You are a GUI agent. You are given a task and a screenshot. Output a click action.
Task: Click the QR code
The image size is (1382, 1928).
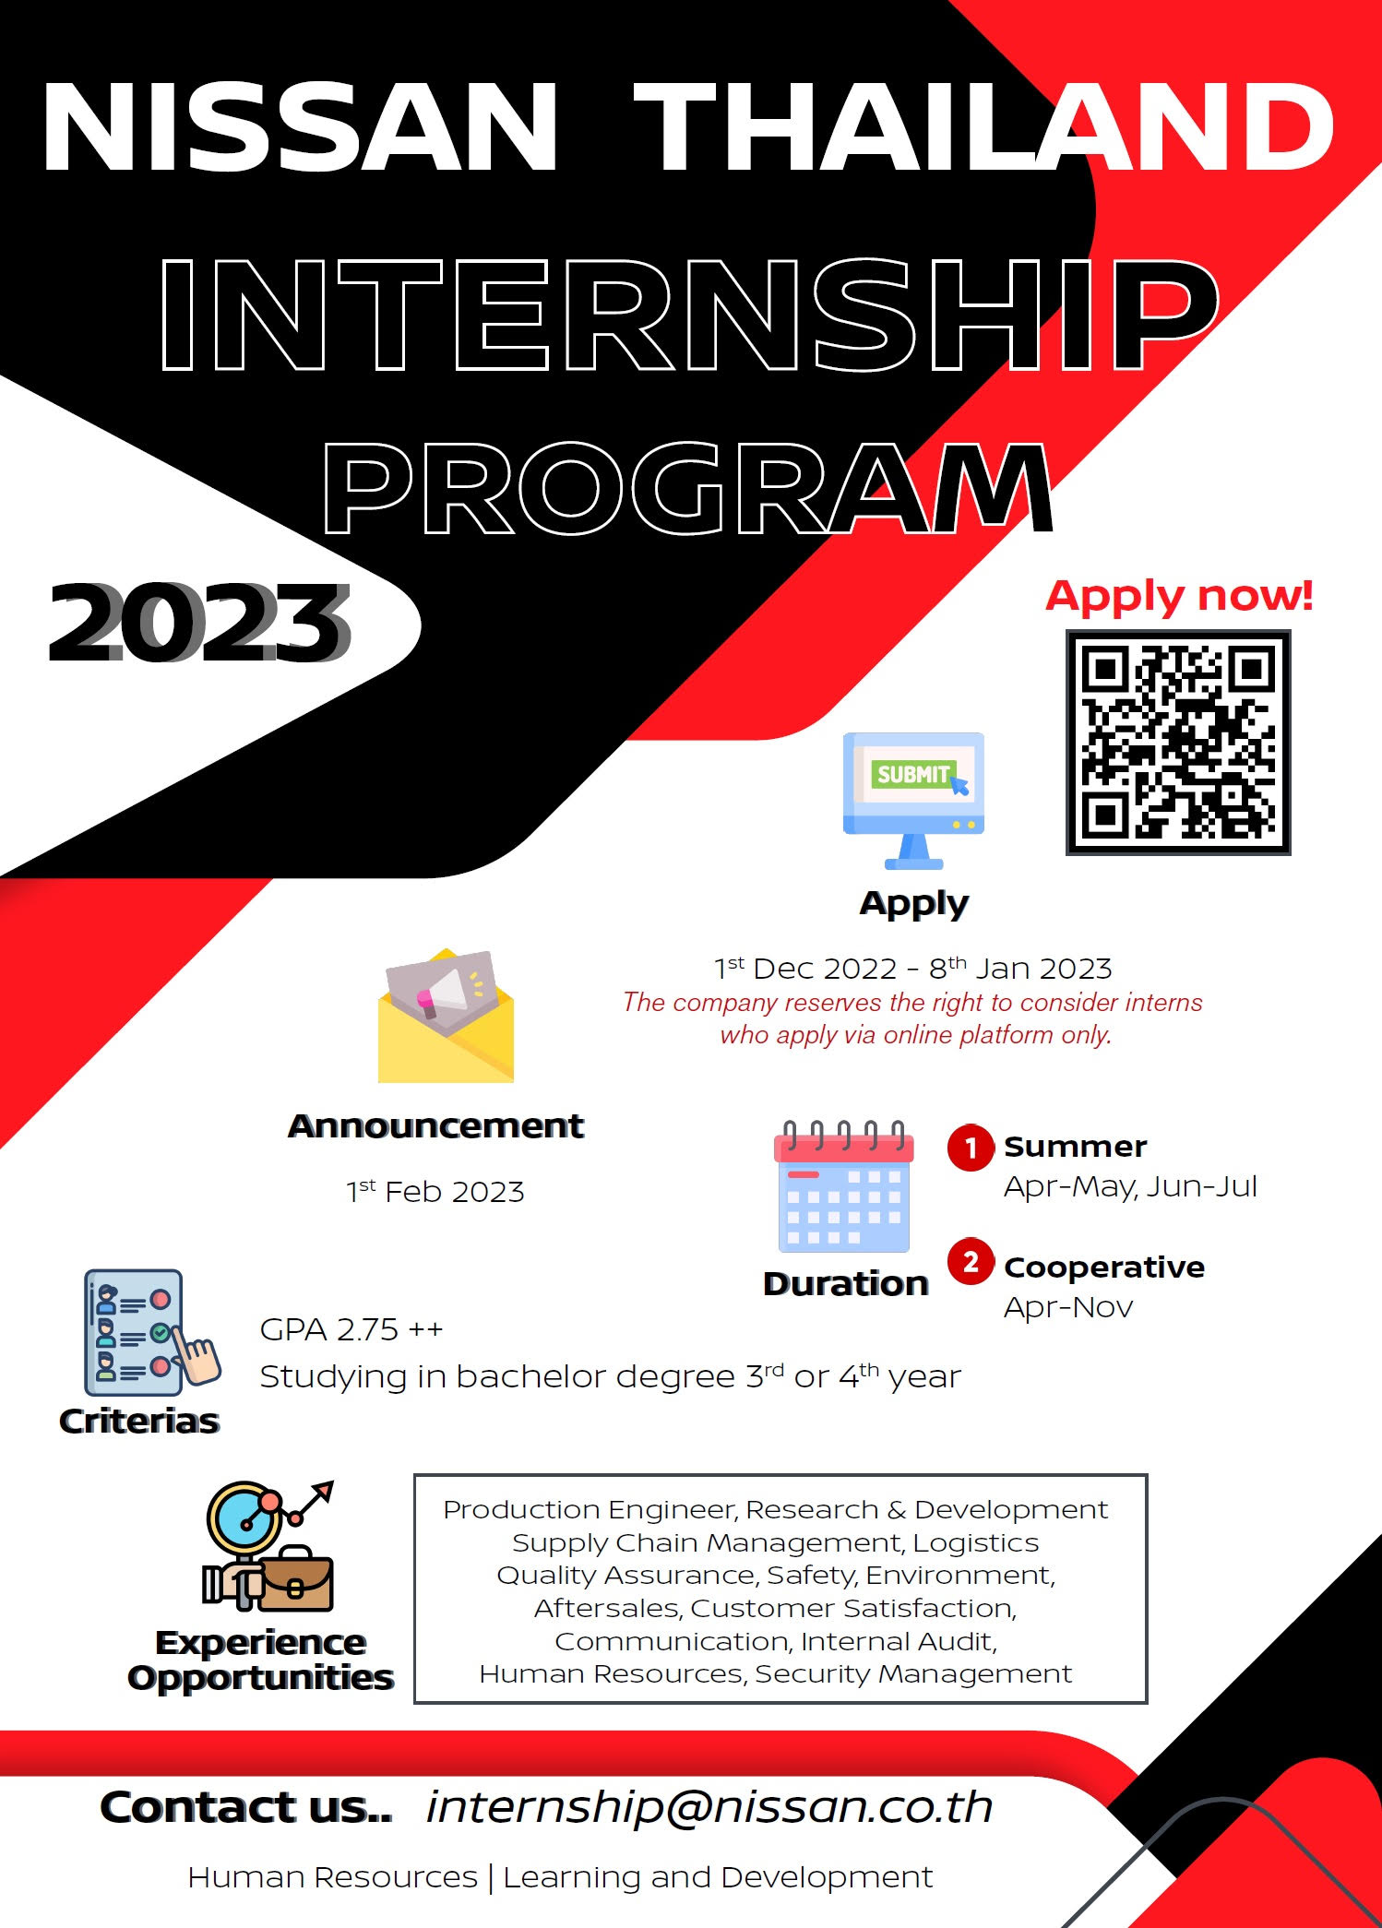pyautogui.click(x=1178, y=743)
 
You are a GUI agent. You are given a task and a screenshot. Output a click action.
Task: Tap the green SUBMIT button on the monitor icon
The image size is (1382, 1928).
pyautogui.click(x=911, y=773)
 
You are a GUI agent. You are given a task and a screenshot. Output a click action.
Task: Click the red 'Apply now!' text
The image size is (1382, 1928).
pyautogui.click(x=1179, y=596)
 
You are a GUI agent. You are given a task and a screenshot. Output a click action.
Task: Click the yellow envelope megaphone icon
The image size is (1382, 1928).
pyautogui.click(x=446, y=1016)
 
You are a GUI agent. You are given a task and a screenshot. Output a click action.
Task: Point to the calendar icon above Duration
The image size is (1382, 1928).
pyautogui.click(x=844, y=1186)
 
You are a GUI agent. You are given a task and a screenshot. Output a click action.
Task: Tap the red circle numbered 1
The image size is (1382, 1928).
pyautogui.click(x=971, y=1148)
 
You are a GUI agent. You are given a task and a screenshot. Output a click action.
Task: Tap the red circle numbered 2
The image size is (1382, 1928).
pyautogui.click(x=971, y=1261)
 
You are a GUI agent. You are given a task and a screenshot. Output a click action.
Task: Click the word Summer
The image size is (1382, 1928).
pyautogui.click(x=1076, y=1147)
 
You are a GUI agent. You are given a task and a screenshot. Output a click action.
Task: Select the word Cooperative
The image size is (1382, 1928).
pyautogui.click(x=1104, y=1267)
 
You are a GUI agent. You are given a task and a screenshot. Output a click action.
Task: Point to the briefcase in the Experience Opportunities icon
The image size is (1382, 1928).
pyautogui.click(x=295, y=1580)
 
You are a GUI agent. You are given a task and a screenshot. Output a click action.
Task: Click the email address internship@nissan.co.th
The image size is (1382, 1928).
pyautogui.click(x=709, y=1807)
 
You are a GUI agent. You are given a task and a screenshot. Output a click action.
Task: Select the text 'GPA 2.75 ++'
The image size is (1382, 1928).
pyautogui.click(x=351, y=1329)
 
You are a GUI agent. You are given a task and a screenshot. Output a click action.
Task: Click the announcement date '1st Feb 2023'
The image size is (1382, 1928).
pyautogui.click(x=435, y=1191)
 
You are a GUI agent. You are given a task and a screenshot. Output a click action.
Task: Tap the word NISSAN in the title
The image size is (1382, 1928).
pyautogui.click(x=301, y=127)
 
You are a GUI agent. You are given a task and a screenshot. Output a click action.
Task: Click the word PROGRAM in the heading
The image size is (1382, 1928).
pyautogui.click(x=687, y=489)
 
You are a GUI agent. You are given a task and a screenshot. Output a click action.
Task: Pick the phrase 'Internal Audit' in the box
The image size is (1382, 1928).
pyautogui.click(x=899, y=1641)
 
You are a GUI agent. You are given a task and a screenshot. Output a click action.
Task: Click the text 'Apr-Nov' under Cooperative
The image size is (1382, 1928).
pyautogui.click(x=1068, y=1307)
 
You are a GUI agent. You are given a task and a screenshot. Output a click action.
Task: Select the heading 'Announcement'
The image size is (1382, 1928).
pyautogui.click(x=435, y=1125)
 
